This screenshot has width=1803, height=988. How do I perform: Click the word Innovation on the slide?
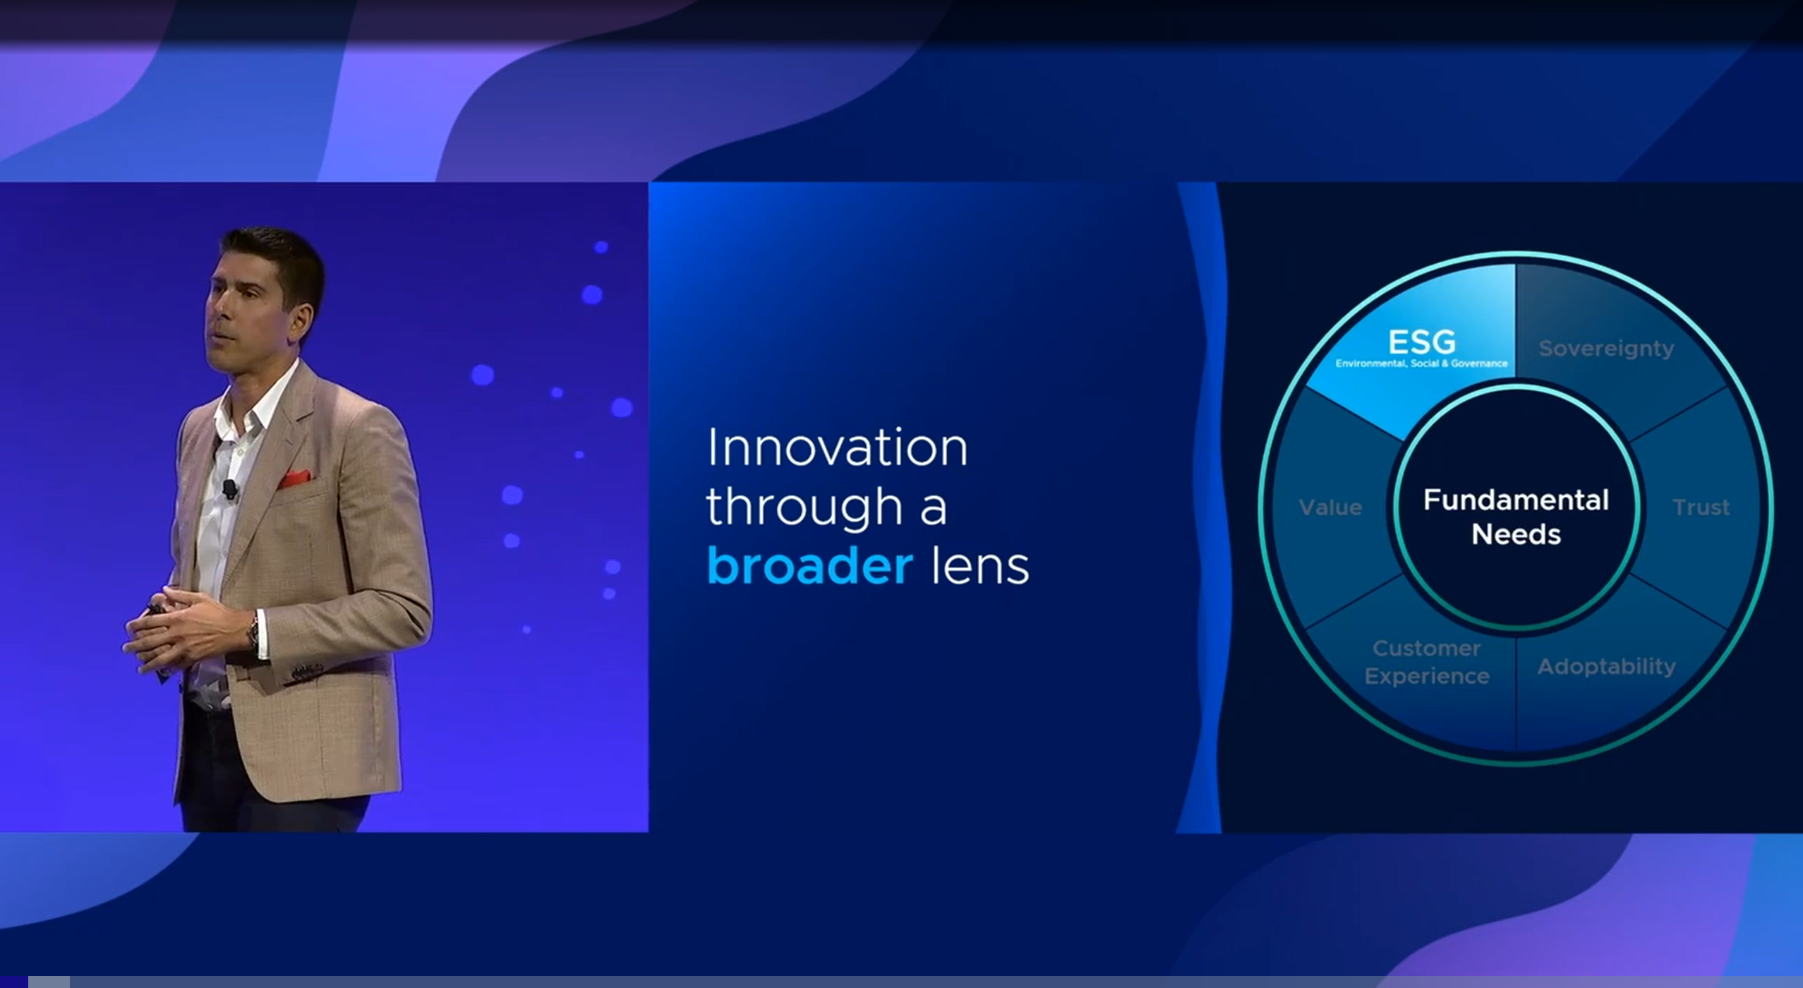pos(837,447)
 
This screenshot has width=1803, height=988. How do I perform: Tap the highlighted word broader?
pos(809,565)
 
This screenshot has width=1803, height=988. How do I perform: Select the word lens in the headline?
pos(980,565)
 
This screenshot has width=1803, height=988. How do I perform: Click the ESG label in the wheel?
pos(1421,342)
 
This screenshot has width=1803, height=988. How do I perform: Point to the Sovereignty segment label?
pos(1606,349)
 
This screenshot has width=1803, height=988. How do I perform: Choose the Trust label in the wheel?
pos(1701,507)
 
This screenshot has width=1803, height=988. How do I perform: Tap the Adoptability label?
pos(1606,666)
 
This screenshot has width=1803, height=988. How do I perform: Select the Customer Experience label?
pos(1426,662)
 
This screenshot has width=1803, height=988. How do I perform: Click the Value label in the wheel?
pos(1330,507)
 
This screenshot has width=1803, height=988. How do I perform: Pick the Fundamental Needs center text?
pos(1516,517)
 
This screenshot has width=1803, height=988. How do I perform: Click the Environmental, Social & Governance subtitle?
pos(1421,363)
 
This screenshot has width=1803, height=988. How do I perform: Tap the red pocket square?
pos(294,479)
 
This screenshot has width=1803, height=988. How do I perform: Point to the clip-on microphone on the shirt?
pos(229,488)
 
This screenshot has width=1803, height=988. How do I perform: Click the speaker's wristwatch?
pos(253,632)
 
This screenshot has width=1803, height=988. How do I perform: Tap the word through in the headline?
pos(804,507)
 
